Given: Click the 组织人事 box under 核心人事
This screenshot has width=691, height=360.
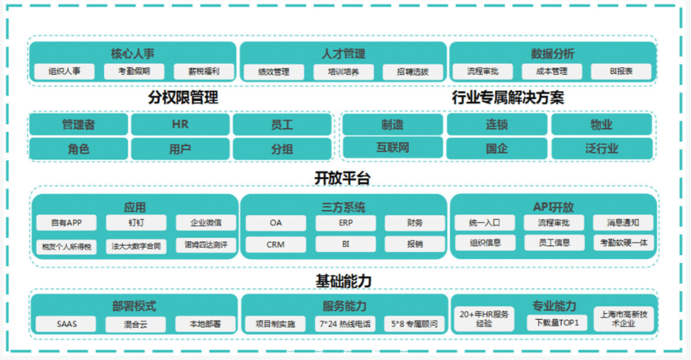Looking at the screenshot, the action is [x=64, y=71].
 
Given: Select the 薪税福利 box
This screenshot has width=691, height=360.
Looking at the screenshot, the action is [x=204, y=71].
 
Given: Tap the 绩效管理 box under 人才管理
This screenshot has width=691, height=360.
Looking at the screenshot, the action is [x=273, y=72].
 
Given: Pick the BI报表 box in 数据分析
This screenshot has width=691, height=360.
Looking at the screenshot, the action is [x=621, y=71].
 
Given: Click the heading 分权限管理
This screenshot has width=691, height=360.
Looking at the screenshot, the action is [x=183, y=98].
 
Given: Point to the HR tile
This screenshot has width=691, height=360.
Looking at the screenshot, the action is [x=180, y=124].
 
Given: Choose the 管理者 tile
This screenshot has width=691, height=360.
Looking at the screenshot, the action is [x=79, y=124].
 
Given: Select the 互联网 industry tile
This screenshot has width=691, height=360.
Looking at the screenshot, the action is [x=392, y=148].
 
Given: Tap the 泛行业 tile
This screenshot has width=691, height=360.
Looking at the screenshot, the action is [x=601, y=148].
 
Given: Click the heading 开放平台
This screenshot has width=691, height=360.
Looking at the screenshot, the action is [x=342, y=178].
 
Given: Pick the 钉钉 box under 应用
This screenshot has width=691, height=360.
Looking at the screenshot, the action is [x=136, y=223].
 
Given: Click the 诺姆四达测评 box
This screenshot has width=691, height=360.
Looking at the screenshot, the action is [x=206, y=245].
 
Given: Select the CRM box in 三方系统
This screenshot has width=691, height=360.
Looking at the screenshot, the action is [x=275, y=245].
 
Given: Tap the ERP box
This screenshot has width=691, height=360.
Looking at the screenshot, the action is [x=346, y=223].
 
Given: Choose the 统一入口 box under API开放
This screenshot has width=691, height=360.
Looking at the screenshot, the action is [x=485, y=223].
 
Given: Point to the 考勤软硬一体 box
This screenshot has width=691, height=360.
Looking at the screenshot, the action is [x=623, y=243].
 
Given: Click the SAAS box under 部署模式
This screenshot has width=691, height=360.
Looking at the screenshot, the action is [x=66, y=324].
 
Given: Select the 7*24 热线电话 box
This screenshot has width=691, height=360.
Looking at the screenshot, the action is [x=345, y=324].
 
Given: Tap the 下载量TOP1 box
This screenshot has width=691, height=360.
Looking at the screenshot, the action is [x=557, y=322].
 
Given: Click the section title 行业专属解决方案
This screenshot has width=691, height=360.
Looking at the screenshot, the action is [x=508, y=98].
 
